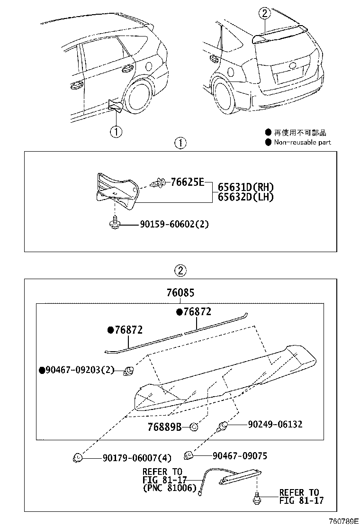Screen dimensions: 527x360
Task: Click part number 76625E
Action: point(187,182)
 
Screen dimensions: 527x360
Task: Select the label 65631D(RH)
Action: point(246,187)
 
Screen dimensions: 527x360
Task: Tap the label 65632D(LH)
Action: point(245,197)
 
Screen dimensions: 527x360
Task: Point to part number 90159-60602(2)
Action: point(174,224)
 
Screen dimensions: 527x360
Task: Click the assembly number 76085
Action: point(180,293)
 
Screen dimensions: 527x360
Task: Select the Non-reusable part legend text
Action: point(302,142)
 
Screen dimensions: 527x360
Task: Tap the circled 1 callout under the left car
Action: point(116,131)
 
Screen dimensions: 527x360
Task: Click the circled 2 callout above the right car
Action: point(264,14)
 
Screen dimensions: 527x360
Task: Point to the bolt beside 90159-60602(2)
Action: point(114,223)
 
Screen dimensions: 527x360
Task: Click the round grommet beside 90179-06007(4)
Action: point(78,457)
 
